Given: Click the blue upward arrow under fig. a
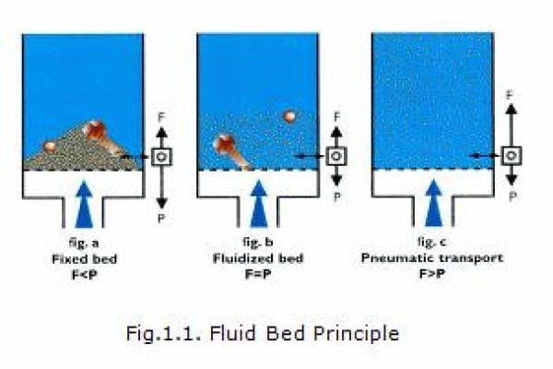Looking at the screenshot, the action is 84,204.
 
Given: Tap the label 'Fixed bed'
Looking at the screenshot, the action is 84,259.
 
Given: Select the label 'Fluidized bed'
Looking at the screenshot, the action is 258,258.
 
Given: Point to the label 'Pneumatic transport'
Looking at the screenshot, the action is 432,258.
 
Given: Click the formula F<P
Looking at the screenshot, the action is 84,274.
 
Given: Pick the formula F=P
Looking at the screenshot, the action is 258,274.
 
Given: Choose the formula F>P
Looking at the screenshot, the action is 432,274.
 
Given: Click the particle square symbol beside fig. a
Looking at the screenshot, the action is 161,157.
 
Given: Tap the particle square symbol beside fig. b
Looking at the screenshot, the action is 336,156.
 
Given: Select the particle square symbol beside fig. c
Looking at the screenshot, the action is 511,155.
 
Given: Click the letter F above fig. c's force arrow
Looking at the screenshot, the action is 510,95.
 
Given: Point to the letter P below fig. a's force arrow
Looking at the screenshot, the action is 161,219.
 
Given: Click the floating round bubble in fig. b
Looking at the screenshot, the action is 289,116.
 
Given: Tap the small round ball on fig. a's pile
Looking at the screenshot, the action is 50,146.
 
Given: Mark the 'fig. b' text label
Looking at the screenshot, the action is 258,242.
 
